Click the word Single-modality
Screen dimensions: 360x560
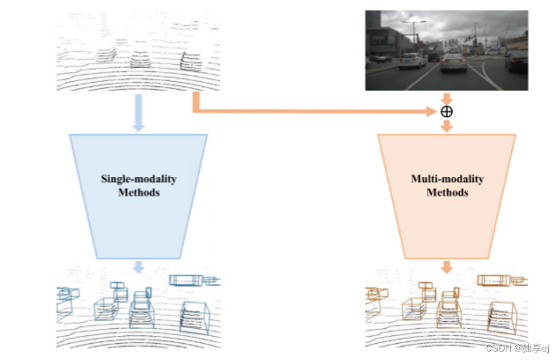click(138, 179)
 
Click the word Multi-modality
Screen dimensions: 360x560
click(447, 179)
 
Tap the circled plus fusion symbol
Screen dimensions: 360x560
click(446, 112)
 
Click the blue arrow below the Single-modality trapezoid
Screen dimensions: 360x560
click(138, 268)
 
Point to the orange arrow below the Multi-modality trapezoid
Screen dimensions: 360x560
click(446, 267)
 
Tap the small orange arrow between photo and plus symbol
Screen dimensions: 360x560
click(446, 98)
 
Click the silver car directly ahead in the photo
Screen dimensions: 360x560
click(454, 63)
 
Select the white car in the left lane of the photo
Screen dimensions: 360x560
click(413, 61)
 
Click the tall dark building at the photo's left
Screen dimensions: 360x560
click(372, 32)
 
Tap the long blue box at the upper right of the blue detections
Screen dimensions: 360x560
click(186, 280)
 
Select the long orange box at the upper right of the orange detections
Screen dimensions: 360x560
click(494, 280)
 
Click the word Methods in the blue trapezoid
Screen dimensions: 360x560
click(138, 192)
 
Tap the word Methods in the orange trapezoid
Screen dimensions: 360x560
click(447, 192)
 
